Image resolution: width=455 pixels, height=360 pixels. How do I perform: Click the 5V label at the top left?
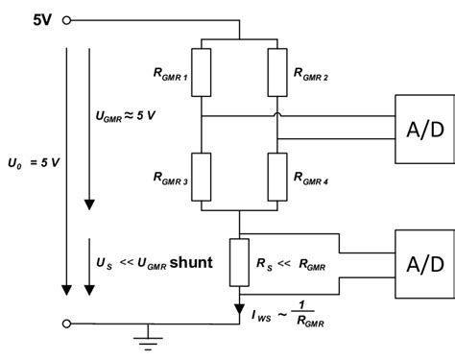click(x=28, y=19)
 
